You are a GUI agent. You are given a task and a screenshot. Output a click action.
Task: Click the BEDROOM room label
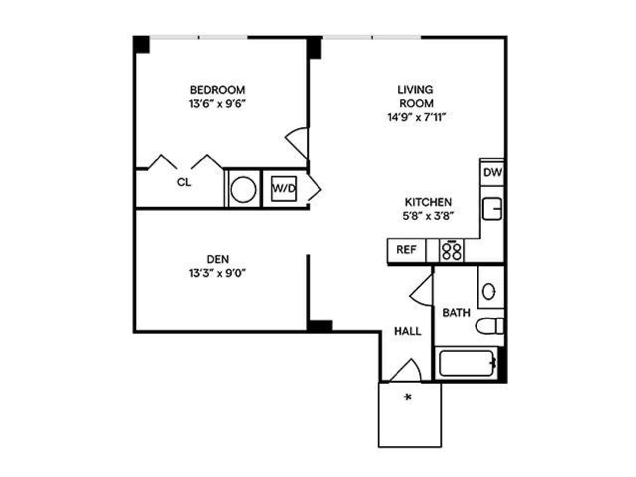(x=218, y=90)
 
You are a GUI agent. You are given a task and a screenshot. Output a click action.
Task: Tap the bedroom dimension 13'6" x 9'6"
(x=218, y=104)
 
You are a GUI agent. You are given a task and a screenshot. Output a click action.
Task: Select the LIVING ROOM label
(x=415, y=96)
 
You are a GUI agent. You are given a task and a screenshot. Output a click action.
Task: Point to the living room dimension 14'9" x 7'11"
(x=415, y=118)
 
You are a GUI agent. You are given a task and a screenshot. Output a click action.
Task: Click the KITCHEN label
(x=428, y=202)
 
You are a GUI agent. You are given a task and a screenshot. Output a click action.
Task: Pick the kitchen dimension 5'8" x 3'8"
(x=428, y=216)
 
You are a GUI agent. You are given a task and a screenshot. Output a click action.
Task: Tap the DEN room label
(x=218, y=259)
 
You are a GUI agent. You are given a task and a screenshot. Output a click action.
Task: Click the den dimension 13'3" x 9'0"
(x=218, y=273)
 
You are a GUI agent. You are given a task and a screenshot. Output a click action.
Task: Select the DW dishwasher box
(x=493, y=173)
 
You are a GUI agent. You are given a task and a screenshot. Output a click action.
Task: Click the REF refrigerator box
(x=406, y=250)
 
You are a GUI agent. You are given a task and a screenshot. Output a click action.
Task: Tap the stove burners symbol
(x=452, y=251)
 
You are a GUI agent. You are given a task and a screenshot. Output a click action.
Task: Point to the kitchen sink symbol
(x=492, y=209)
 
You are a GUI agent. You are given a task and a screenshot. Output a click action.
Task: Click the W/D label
(x=284, y=189)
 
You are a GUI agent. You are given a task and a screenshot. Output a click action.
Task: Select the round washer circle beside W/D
(x=243, y=189)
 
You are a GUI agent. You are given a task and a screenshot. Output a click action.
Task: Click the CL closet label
(x=184, y=182)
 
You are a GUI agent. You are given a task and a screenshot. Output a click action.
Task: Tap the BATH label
(x=456, y=313)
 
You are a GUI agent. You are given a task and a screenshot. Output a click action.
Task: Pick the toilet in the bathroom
(x=490, y=326)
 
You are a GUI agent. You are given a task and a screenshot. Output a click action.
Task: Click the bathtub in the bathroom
(x=466, y=364)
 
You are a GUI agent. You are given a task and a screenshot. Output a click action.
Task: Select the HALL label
(x=408, y=331)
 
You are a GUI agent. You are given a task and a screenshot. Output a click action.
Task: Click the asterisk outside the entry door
(x=408, y=397)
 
